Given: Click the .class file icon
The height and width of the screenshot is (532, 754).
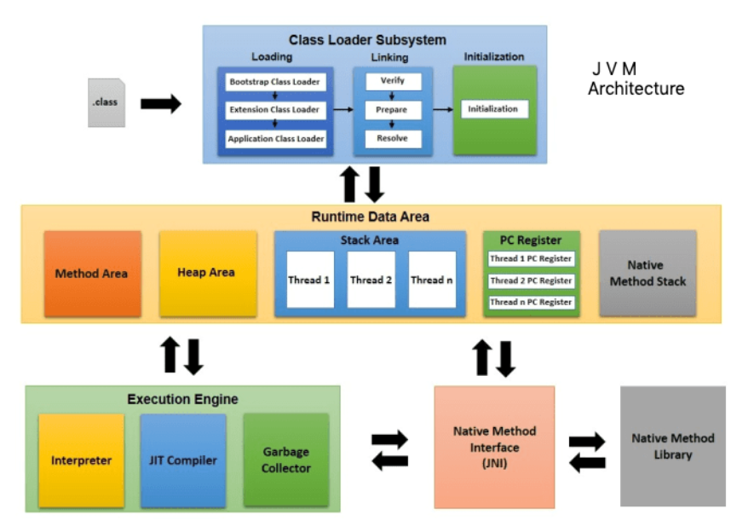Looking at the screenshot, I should pos(106,103).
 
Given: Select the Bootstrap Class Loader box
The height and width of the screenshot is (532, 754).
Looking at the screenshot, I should pos(274,82).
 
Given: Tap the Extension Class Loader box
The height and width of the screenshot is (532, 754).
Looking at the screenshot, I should pos(274,110).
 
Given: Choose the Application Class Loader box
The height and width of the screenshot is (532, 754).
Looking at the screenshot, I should pos(274,138).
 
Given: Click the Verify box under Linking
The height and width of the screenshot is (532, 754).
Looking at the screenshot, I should pos(392,82).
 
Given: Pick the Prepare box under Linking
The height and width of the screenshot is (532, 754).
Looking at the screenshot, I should pos(392,110).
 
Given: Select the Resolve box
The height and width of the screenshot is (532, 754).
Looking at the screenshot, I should pos(392,138).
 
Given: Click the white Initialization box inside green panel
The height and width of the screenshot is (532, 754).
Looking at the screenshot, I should pos(493,109).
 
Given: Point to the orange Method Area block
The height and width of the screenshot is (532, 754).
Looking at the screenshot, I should pos(92,274).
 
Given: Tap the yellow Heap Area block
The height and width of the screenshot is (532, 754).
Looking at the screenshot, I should pos(206,273).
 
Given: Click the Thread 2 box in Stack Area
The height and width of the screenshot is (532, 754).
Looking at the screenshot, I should pos(371,280).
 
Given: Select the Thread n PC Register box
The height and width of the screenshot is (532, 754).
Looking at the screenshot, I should pos(531,302).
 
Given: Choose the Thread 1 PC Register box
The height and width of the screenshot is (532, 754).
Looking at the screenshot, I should pos(531,259).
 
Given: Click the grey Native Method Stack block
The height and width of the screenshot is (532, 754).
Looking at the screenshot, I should pos(648,273).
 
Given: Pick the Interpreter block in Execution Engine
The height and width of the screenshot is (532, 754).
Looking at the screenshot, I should pos(82,460).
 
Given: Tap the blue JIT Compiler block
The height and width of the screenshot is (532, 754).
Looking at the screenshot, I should pos(183,460).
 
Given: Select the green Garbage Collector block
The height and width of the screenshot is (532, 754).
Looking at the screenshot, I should pos(285,460).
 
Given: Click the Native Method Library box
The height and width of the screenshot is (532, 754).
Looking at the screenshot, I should pos(672,447).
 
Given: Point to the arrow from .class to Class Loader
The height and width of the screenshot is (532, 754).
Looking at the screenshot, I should pos(160,104).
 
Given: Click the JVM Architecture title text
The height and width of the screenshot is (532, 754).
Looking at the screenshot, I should pos(635,78).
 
